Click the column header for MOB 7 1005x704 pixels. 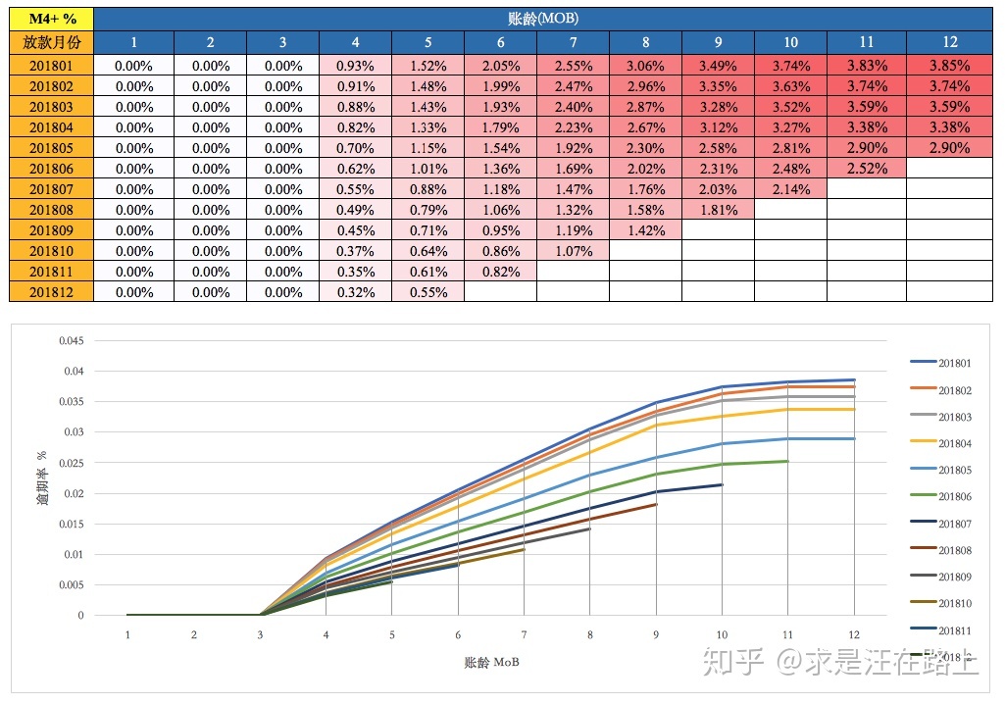pos(573,42)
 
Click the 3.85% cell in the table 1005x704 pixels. pos(949,66)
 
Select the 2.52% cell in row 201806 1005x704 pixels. pos(867,169)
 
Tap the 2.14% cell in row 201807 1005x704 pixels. pos(791,189)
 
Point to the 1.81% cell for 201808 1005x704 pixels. pos(719,210)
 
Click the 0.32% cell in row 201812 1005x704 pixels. pos(355,292)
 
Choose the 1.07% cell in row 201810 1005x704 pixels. pos(573,251)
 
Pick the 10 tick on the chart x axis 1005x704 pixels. pos(722,635)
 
